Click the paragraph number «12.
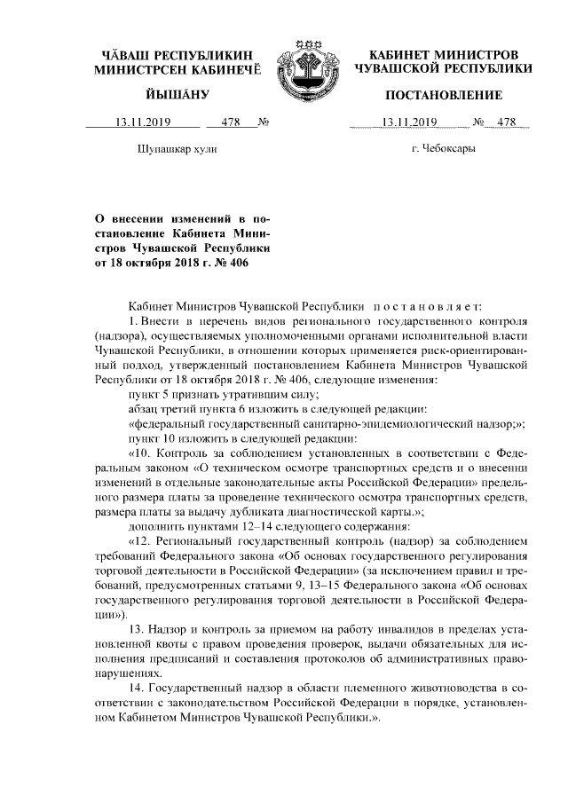click(x=142, y=541)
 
